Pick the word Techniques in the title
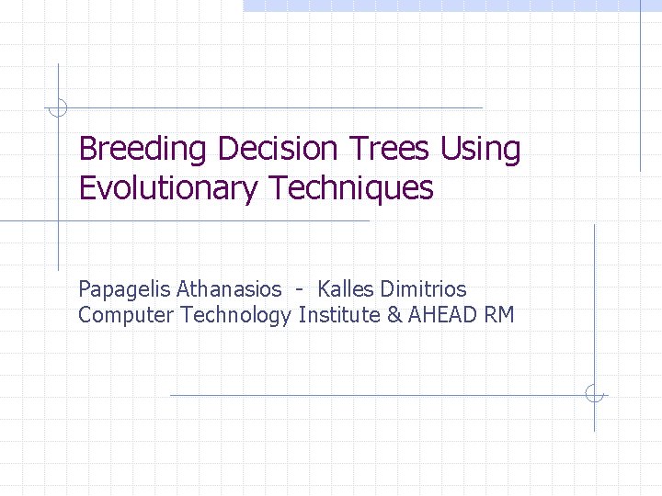click(x=350, y=188)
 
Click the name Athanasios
click(x=230, y=289)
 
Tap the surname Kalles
click(x=347, y=289)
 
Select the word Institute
click(x=339, y=316)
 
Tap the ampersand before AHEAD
click(x=395, y=316)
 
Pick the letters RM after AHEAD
click(x=500, y=316)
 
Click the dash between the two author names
click(x=300, y=290)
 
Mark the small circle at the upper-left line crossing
click(x=58, y=108)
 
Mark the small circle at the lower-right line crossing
click(x=594, y=395)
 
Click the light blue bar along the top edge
click(x=451, y=6)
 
